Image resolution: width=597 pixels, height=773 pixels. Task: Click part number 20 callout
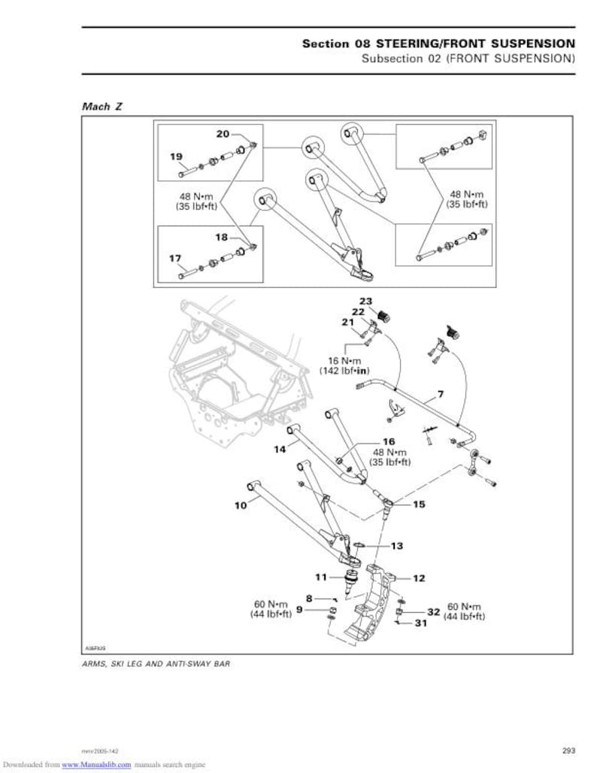click(x=223, y=134)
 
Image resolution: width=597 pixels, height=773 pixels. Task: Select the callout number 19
click(x=176, y=156)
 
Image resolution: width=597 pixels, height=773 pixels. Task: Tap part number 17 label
click(x=175, y=258)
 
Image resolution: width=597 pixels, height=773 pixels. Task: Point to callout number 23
click(x=365, y=301)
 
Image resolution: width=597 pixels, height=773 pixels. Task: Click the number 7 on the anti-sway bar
click(x=440, y=394)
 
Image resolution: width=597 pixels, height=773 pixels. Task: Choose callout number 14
click(x=280, y=449)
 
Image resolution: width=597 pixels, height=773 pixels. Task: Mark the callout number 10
click(x=241, y=505)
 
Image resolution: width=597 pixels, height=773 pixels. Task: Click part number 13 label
click(x=396, y=545)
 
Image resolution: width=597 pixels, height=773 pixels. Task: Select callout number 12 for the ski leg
click(x=418, y=577)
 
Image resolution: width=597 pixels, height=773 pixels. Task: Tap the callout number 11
click(x=321, y=577)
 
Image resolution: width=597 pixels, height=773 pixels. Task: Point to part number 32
click(x=433, y=611)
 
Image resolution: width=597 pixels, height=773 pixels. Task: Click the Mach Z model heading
click(x=102, y=106)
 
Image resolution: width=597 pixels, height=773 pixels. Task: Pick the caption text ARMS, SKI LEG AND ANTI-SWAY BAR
click(x=156, y=664)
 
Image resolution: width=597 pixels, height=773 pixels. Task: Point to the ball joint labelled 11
click(x=350, y=582)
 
